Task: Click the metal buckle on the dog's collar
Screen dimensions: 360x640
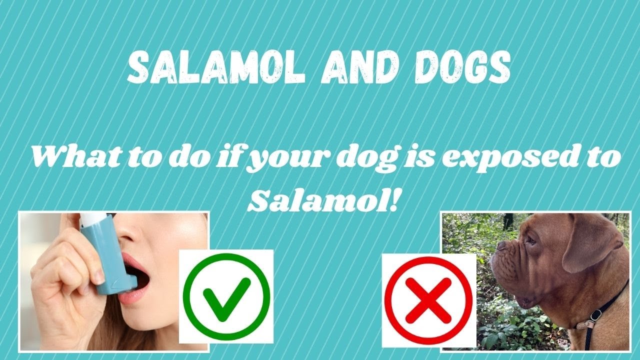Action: click(x=594, y=315)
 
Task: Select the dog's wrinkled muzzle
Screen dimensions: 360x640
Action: click(x=510, y=270)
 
